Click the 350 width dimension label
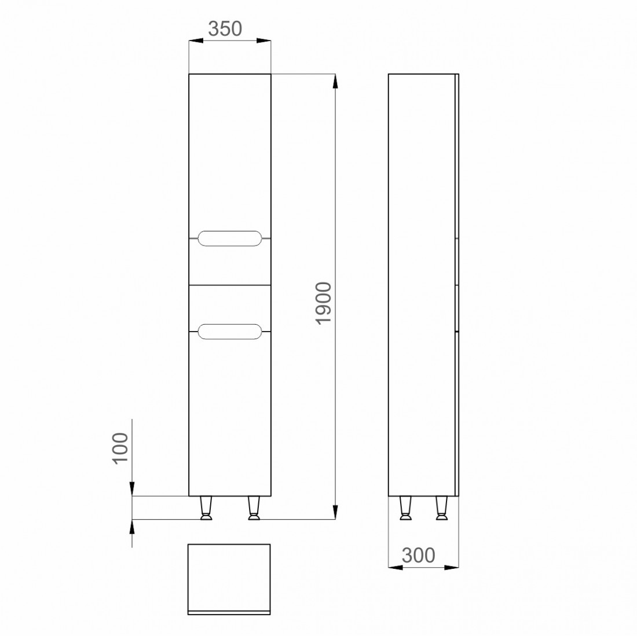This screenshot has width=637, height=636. tap(225, 29)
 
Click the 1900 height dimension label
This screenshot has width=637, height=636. tap(324, 303)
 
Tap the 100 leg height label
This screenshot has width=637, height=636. tap(120, 448)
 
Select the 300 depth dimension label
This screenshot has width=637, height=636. tap(419, 555)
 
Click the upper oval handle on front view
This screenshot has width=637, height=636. tap(230, 238)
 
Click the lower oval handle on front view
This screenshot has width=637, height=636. tap(230, 332)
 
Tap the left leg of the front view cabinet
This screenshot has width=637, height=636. tap(206, 508)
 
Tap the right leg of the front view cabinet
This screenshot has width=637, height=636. tap(254, 508)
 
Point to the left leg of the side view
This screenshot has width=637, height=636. tap(405, 508)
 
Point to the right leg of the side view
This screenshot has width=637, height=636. tap(442, 508)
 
